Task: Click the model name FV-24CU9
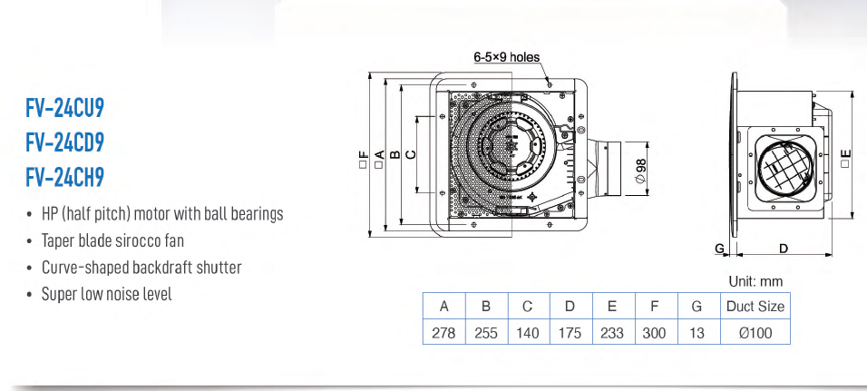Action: coord(65,110)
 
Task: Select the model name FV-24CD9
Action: coord(65,142)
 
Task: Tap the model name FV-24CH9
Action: coord(65,176)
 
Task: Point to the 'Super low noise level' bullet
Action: coord(106,294)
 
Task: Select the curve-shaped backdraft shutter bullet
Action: coord(141,268)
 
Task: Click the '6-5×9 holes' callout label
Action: coord(506,56)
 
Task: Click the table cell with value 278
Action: coord(443,333)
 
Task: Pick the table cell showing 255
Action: coord(486,333)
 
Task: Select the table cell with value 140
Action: coord(528,333)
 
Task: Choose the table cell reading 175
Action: coord(570,333)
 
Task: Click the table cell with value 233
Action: coord(612,333)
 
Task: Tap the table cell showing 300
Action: coord(654,333)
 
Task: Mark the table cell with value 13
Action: coord(697,333)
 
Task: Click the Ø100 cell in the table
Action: coord(755,333)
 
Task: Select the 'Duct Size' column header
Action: coord(755,306)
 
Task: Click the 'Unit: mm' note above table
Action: coord(755,281)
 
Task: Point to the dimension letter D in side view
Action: coord(784,248)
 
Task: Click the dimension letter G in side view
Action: coord(718,248)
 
